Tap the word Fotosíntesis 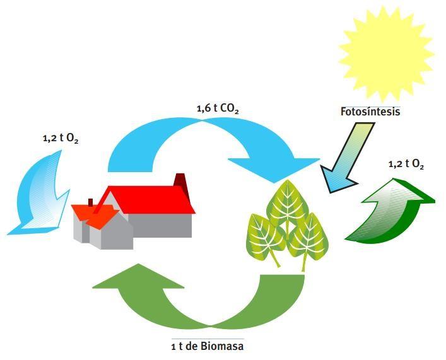pyautogui.click(x=370, y=112)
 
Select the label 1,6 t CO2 pyautogui.click(x=218, y=109)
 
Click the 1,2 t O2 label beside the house pyautogui.click(x=61, y=137)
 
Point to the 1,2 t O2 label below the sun pyautogui.click(x=406, y=165)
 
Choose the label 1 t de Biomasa pyautogui.click(x=207, y=346)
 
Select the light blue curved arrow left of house pyautogui.click(x=41, y=195)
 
